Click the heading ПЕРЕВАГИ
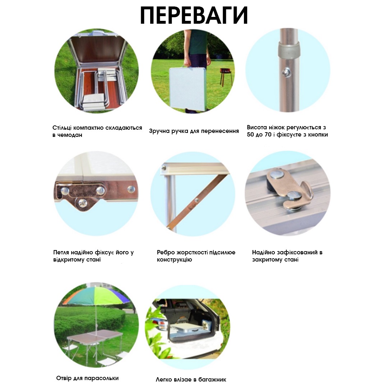[194, 15]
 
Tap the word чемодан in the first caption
[70, 135]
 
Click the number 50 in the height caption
[250, 135]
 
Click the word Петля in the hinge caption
[61, 253]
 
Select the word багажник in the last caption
[212, 380]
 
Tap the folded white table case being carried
[188, 89]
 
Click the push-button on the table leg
[287, 72]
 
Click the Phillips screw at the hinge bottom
[82, 203]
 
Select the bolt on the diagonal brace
[197, 200]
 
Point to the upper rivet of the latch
[277, 174]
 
